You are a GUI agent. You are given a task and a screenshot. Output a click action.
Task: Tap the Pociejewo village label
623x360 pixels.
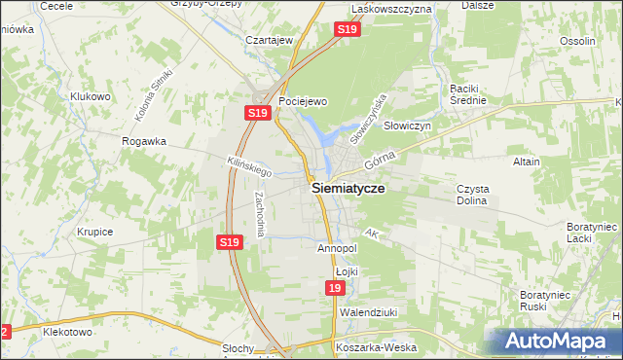click(x=302, y=101)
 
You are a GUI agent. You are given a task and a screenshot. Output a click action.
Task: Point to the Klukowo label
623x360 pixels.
click(x=90, y=96)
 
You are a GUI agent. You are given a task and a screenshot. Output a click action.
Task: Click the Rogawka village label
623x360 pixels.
click(x=144, y=141)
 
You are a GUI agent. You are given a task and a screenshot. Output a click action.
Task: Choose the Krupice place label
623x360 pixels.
click(x=95, y=233)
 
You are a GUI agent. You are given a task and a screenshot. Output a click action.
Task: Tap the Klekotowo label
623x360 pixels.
click(x=67, y=332)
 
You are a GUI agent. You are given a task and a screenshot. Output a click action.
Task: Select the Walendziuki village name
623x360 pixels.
click(x=364, y=312)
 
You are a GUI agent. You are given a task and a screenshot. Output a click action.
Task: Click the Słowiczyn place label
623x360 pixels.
click(x=407, y=126)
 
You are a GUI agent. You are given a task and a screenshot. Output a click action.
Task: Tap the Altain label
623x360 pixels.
click(x=526, y=162)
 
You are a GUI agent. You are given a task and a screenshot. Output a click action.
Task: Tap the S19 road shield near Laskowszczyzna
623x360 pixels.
click(x=348, y=31)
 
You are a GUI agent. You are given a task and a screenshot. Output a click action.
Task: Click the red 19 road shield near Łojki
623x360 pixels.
click(x=335, y=290)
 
